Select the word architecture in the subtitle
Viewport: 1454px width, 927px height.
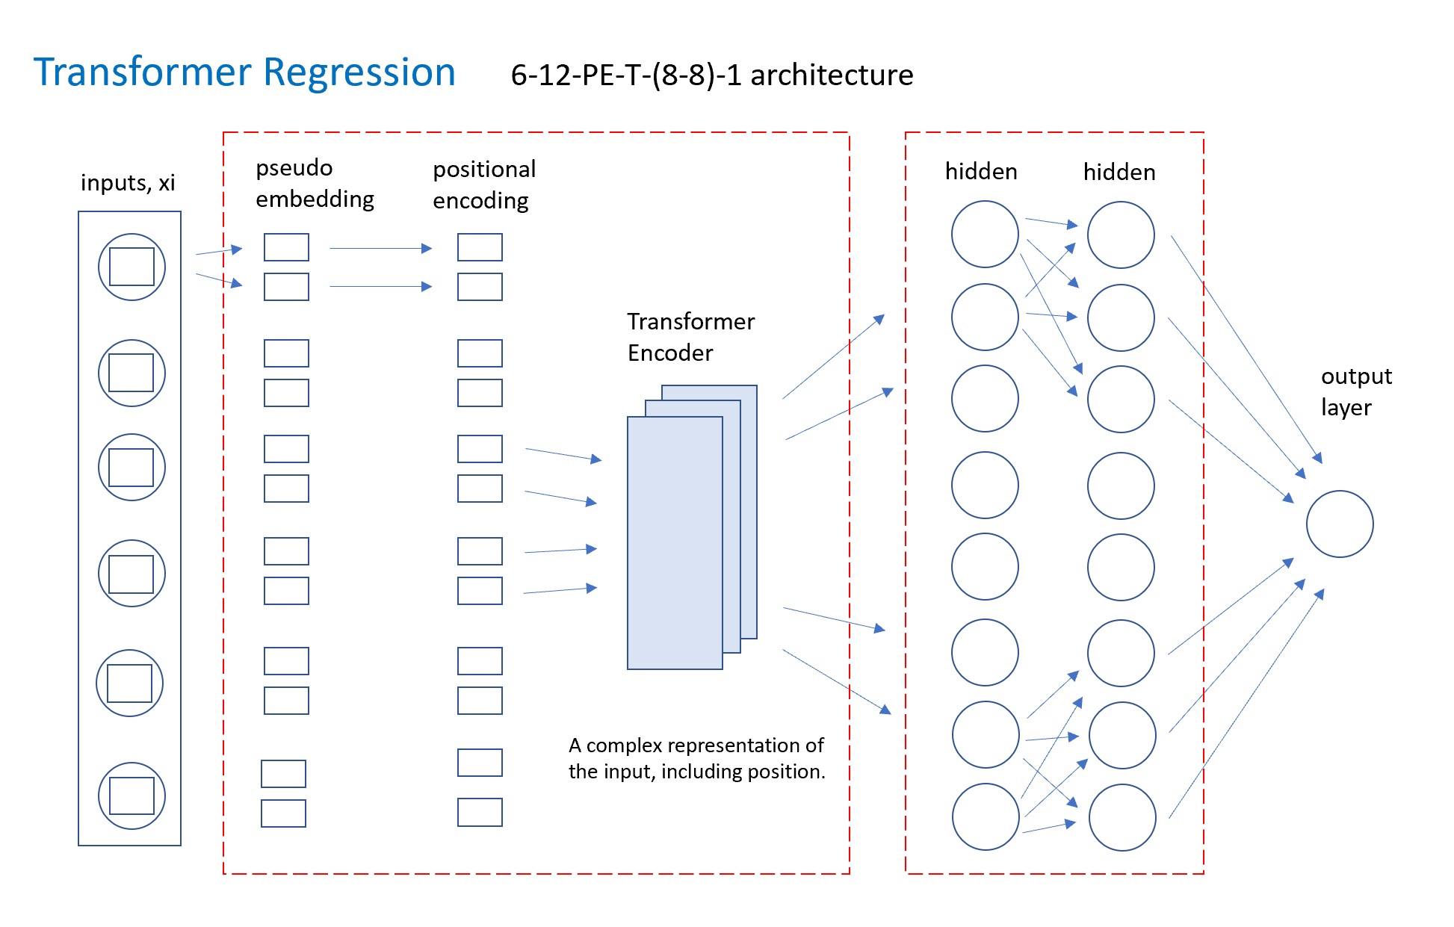coord(832,75)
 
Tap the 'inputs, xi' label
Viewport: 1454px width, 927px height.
coord(128,182)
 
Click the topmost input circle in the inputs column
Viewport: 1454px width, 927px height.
coord(132,234)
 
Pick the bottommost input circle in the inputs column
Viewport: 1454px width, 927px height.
coord(132,763)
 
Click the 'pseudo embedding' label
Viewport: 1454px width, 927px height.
coord(315,183)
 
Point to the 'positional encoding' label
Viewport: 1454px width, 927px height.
coord(484,185)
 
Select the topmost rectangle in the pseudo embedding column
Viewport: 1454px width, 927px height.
coord(286,247)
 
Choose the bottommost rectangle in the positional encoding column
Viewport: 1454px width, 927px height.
coord(480,812)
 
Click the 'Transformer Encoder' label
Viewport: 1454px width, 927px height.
coord(690,337)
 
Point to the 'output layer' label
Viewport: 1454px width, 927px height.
coord(1356,391)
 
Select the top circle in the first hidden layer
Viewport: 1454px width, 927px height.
coord(985,202)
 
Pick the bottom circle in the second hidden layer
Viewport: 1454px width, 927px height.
coord(1122,785)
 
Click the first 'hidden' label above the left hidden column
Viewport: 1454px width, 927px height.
coord(981,172)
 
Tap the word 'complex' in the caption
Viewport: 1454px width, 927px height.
coord(625,745)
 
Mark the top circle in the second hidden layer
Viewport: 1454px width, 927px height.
coord(1121,202)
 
